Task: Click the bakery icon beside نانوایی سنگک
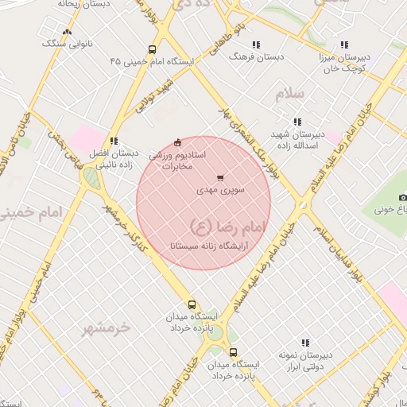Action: [x=67, y=33]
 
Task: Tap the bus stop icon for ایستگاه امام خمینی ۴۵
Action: [x=153, y=49]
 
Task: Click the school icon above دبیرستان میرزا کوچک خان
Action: [x=343, y=45]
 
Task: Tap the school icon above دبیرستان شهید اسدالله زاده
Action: [x=297, y=122]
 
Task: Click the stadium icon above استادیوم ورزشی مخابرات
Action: [x=176, y=142]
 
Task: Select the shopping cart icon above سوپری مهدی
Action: [x=220, y=178]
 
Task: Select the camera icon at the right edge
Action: [x=402, y=197]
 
